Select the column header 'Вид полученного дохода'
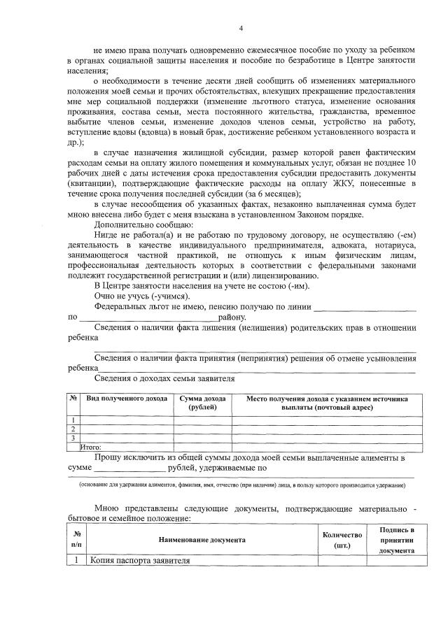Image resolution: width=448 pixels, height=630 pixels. (x=126, y=399)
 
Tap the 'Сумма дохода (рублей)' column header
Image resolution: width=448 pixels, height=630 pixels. (x=202, y=403)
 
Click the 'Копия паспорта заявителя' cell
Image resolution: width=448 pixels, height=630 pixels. (x=139, y=561)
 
